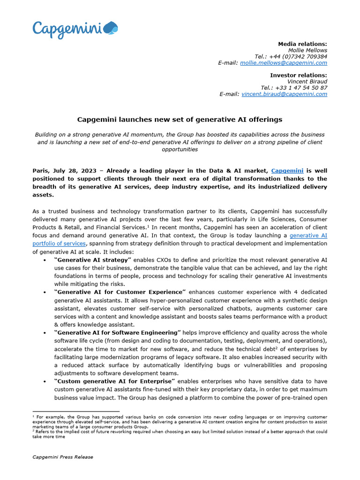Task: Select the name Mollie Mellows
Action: pyautogui.click(x=307, y=50)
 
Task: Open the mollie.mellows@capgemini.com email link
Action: pyautogui.click(x=284, y=63)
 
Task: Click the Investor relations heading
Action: pyautogui.click(x=299, y=75)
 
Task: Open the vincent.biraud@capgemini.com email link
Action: pyautogui.click(x=284, y=94)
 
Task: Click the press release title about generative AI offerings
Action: pyautogui.click(x=180, y=120)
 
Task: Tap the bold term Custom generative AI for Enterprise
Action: pyautogui.click(x=115, y=381)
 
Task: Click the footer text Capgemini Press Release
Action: pyautogui.click(x=62, y=457)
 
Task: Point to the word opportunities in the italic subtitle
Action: pyautogui.click(x=180, y=150)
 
